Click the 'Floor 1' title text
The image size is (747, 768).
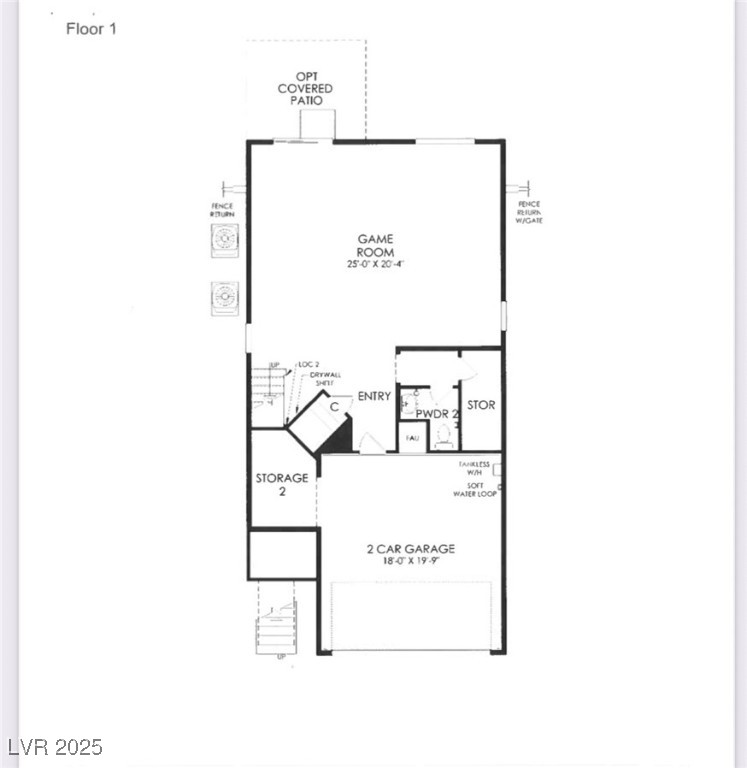(91, 29)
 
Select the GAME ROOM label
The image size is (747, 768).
(376, 246)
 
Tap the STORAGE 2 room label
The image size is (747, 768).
(281, 485)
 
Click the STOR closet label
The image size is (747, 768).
(481, 406)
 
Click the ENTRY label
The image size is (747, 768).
(374, 397)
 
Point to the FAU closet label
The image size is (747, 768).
(412, 438)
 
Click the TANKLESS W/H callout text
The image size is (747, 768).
(474, 468)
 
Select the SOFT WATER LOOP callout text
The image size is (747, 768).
(475, 490)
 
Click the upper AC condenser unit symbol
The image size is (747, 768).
(225, 240)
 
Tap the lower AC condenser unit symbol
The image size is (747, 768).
(225, 298)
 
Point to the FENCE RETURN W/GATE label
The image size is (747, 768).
(528, 213)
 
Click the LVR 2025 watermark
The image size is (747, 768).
(54, 747)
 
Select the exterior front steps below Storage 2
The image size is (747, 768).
(276, 630)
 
